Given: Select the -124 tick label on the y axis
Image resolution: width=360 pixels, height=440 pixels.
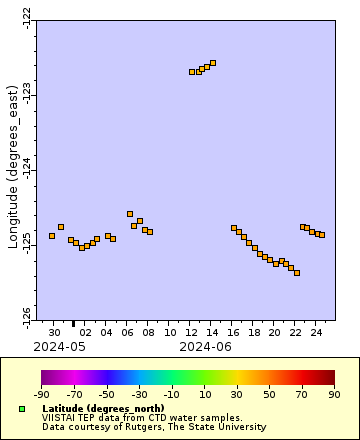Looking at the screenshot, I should coord(26,169).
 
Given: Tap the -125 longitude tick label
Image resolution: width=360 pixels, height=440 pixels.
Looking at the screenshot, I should coord(26,245).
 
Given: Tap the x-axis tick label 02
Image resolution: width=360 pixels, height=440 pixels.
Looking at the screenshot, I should coord(86,331).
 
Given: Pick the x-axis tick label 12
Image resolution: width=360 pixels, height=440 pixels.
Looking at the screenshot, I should coord(191,331).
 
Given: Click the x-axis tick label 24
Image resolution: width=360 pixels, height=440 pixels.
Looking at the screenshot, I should coord(316,331).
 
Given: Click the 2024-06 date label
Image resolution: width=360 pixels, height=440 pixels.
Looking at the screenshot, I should coord(206,346).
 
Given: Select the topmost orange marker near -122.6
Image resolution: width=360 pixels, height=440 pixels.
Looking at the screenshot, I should coord(213,63).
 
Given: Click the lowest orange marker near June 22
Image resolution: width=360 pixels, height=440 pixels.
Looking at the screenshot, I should coord(297,273).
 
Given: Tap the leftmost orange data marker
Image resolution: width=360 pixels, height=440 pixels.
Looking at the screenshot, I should coord(52,236).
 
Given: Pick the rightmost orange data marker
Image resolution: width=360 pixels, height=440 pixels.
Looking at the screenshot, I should coord(322,235).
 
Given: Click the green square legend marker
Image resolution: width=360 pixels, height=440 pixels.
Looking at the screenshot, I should coord(21,409).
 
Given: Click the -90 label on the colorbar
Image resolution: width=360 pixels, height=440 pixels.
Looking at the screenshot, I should coord(42,394).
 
